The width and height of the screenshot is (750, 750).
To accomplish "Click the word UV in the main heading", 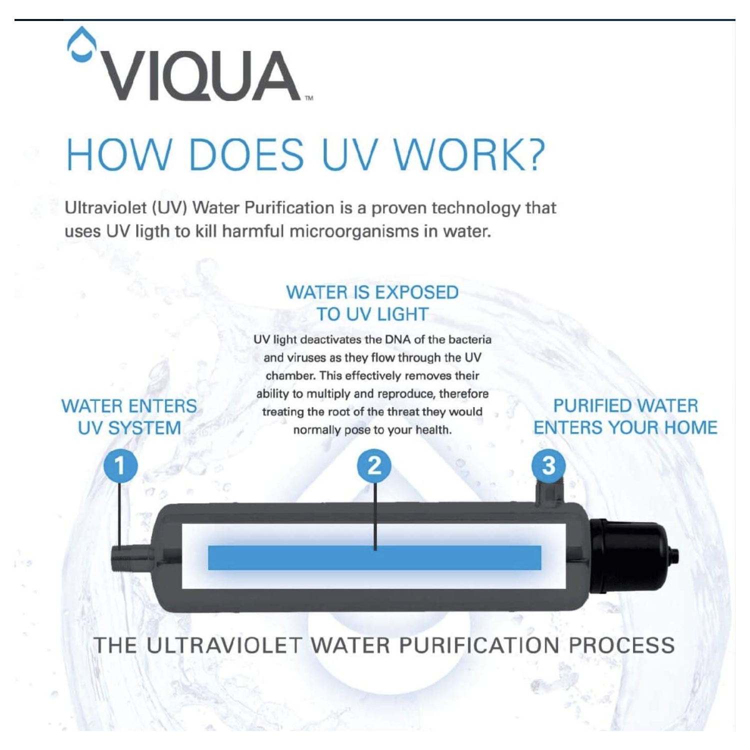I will pyautogui.click(x=347, y=154).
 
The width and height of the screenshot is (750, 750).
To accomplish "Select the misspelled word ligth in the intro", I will pyautogui.click(x=153, y=231).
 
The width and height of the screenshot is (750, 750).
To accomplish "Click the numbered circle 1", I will pyautogui.click(x=120, y=466).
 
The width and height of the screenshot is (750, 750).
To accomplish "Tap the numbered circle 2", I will pyautogui.click(x=374, y=466).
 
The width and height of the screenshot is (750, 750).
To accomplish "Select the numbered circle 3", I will pyautogui.click(x=548, y=466).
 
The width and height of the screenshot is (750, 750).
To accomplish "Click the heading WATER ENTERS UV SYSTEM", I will pyautogui.click(x=129, y=417).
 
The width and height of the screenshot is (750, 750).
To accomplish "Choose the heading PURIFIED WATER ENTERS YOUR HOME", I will pyautogui.click(x=625, y=417).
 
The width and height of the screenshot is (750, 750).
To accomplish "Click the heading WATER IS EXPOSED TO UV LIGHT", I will pyautogui.click(x=372, y=303).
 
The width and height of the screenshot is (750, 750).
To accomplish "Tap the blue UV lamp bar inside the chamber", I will pyautogui.click(x=374, y=557).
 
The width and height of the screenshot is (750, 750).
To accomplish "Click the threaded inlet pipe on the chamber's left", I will pyautogui.click(x=131, y=557).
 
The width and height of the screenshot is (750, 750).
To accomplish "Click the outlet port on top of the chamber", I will pyautogui.click(x=548, y=494).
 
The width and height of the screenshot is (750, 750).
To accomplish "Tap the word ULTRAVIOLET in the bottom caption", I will pyautogui.click(x=225, y=645).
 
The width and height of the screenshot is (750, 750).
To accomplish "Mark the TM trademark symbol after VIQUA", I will pyautogui.click(x=309, y=98).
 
